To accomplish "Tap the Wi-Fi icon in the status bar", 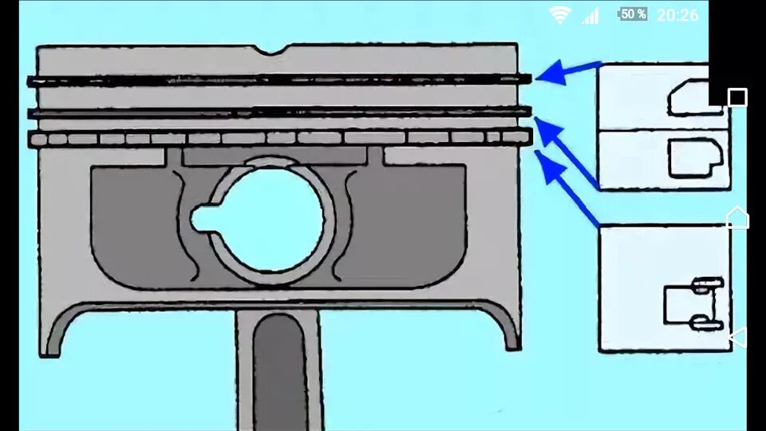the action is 560,14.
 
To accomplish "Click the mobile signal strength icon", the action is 590,15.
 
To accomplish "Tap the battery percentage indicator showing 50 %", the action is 633,14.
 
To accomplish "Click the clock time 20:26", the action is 677,14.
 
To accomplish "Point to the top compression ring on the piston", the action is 279,80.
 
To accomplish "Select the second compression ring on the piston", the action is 279,113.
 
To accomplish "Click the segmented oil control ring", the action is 279,138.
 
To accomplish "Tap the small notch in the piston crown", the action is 277,52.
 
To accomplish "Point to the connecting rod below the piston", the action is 279,367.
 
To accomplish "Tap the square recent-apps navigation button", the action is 737,97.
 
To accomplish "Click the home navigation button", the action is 737,217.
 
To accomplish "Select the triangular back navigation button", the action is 737,337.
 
